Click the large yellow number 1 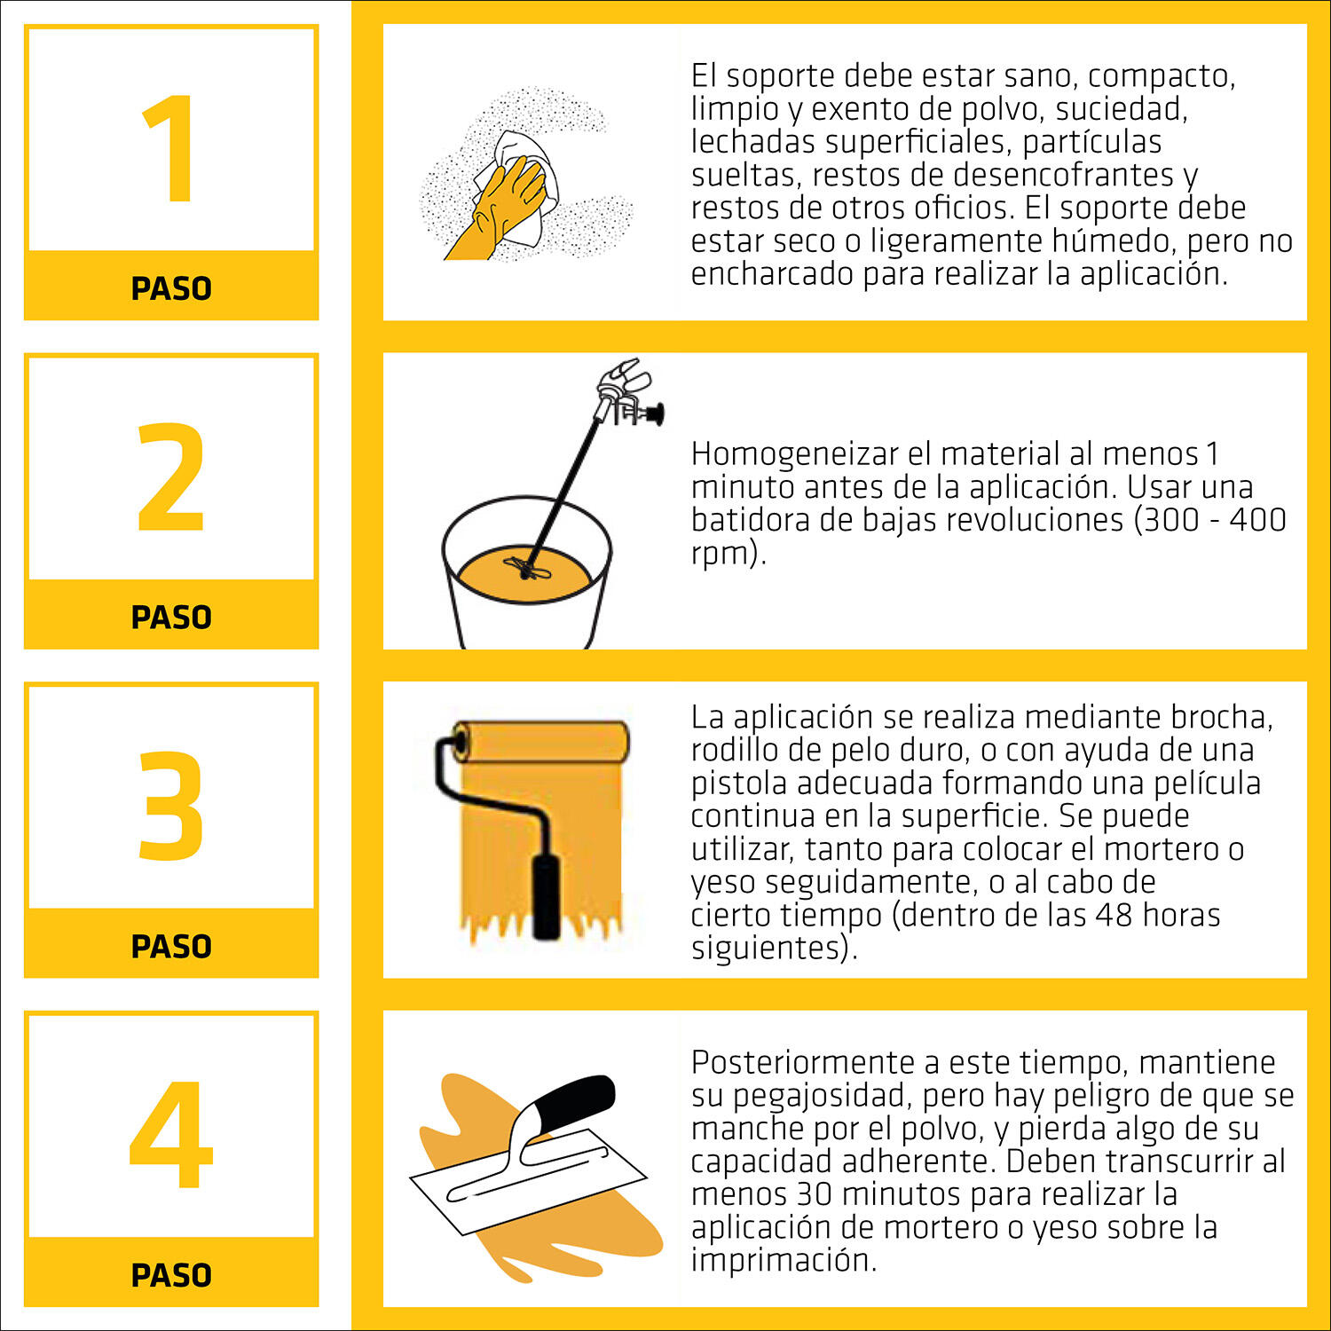pyautogui.click(x=171, y=148)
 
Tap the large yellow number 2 pyautogui.click(x=171, y=476)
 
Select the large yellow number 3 pyautogui.click(x=171, y=806)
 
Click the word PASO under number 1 pyautogui.click(x=171, y=288)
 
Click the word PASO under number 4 pyautogui.click(x=171, y=1275)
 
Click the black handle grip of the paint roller pyautogui.click(x=546, y=896)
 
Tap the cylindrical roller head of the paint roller pyautogui.click(x=541, y=741)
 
